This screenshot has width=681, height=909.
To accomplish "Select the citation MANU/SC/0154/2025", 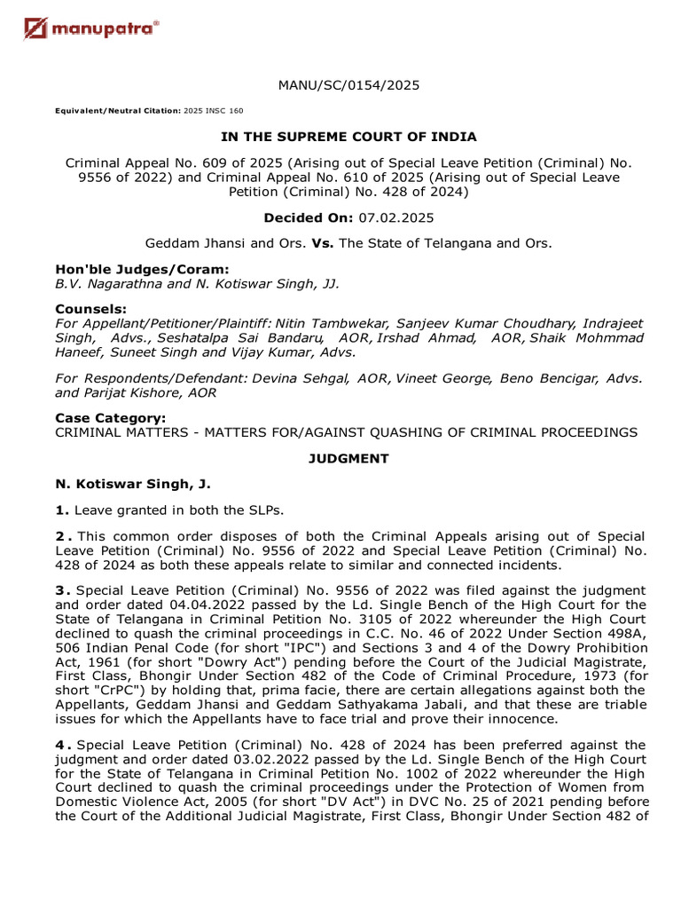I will click(x=348, y=85).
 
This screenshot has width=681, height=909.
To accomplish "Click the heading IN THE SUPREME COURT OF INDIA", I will click(x=348, y=137).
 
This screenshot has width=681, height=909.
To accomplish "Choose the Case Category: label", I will click(x=110, y=418).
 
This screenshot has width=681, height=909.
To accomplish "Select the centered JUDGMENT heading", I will click(x=348, y=459).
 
